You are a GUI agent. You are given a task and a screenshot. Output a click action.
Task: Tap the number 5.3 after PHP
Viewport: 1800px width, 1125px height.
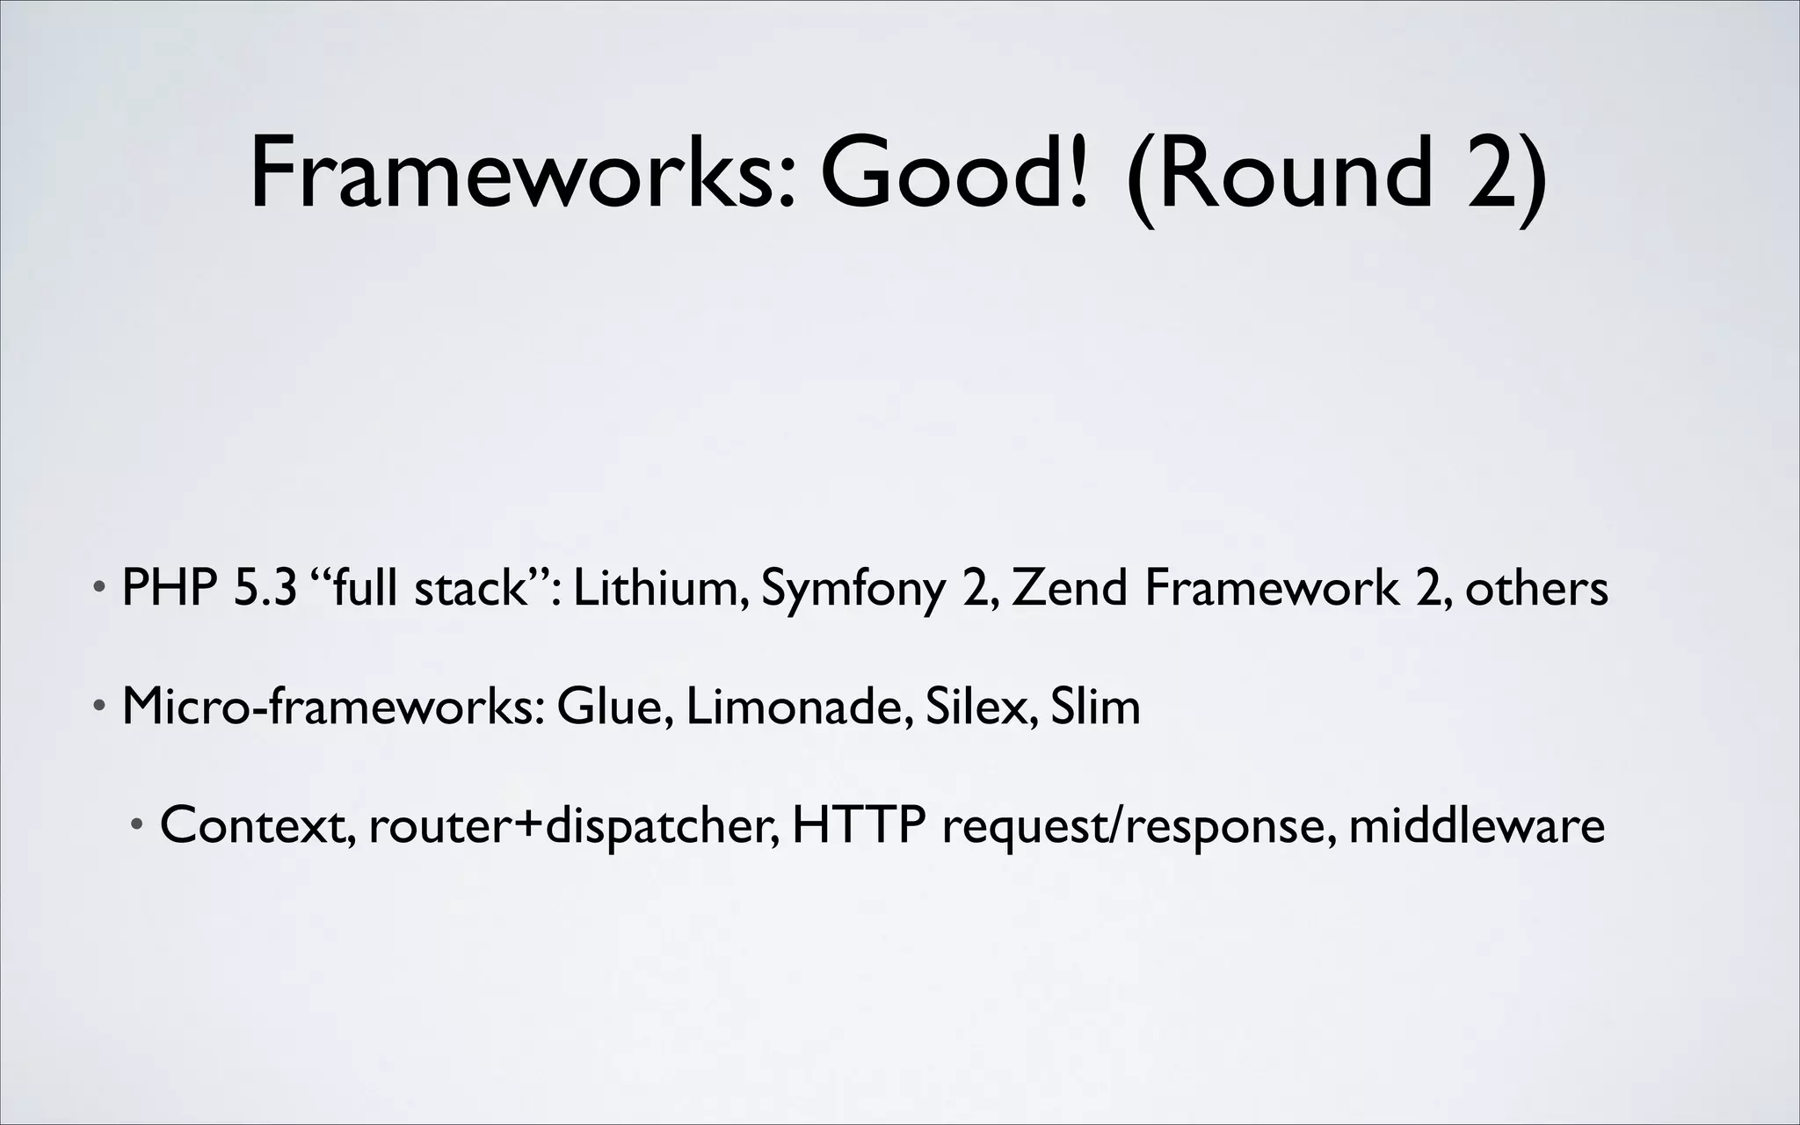tap(265, 588)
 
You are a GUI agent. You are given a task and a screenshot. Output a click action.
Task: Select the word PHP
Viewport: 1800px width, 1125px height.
tap(171, 588)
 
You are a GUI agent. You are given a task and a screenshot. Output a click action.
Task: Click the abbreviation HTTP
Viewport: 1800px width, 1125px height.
tap(859, 825)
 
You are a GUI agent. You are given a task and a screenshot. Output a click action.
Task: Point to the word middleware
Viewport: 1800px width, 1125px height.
tap(1477, 825)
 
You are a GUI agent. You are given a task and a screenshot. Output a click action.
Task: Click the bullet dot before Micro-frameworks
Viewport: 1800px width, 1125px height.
tap(101, 707)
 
